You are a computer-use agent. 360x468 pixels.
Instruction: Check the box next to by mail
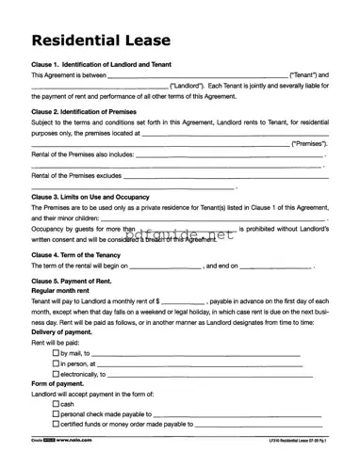[x=56, y=352]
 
